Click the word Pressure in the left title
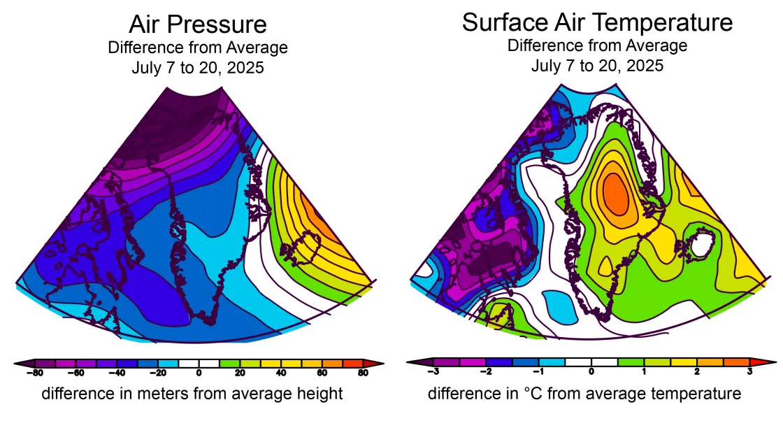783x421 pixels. pos(224,24)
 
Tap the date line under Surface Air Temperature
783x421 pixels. pos(597,66)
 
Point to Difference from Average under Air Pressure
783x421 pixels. pos(198,48)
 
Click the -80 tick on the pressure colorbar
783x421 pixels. pos(31,373)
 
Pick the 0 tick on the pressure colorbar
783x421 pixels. pos(199,373)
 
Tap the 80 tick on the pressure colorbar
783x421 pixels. pos(364,373)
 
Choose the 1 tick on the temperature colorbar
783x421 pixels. pos(644,372)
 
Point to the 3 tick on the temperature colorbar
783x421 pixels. pos(749,372)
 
